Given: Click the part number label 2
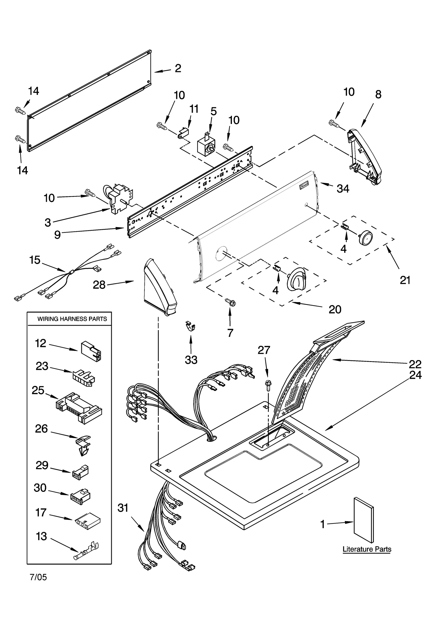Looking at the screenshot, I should pyautogui.click(x=178, y=68).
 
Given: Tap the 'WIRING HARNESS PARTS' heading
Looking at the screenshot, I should pyautogui.click(x=72, y=319).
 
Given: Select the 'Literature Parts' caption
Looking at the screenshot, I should pyautogui.click(x=367, y=549).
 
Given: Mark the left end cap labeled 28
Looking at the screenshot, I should pyautogui.click(x=159, y=288).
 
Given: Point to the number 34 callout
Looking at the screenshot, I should pyautogui.click(x=343, y=189).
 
